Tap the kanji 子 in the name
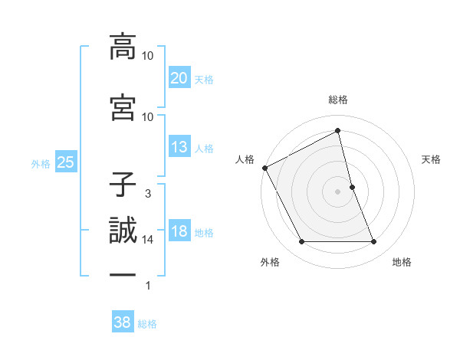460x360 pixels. coord(123,184)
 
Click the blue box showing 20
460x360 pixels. coord(179,78)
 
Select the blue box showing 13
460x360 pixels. coord(179,148)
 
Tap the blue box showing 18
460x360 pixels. coord(179,232)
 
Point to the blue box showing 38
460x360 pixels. coord(122,323)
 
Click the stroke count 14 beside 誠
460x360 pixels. coord(147,240)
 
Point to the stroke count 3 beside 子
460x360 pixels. coord(147,194)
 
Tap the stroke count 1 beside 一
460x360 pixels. coord(147,286)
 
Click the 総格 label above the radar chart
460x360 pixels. coord(338,100)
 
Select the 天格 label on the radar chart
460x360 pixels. coord(432,159)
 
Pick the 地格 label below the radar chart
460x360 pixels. coord(402,262)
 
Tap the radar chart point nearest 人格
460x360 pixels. coord(264,168)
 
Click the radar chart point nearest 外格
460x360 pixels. coord(301,242)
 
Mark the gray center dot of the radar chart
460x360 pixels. coord(337,191)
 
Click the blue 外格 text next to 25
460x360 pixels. coord(41,163)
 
